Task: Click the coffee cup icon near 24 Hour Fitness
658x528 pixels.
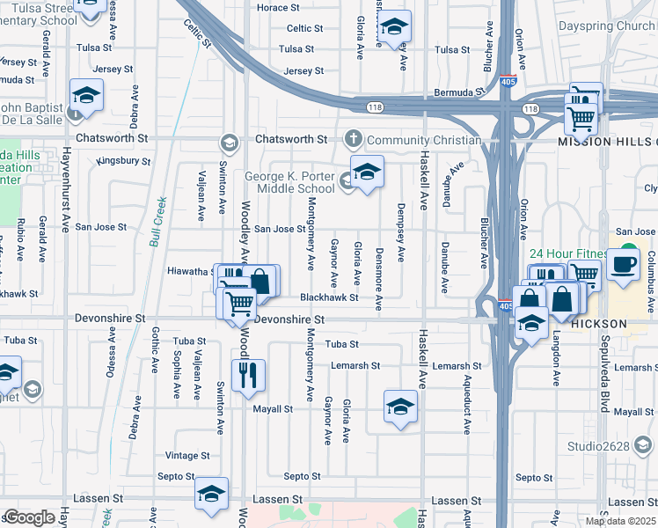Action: tap(624, 264)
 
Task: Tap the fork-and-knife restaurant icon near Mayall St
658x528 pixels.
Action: tap(248, 376)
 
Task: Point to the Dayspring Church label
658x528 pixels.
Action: tap(607, 26)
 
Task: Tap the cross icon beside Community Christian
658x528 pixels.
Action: tap(354, 139)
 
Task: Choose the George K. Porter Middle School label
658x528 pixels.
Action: tap(289, 182)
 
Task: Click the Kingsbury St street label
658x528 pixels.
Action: tap(124, 161)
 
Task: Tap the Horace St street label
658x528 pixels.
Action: tap(278, 7)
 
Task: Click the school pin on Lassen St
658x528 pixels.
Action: tap(211, 495)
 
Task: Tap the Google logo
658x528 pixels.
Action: tap(29, 517)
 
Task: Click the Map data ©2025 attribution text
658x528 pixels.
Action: tap(619, 521)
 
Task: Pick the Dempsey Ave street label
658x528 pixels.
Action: tap(401, 240)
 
